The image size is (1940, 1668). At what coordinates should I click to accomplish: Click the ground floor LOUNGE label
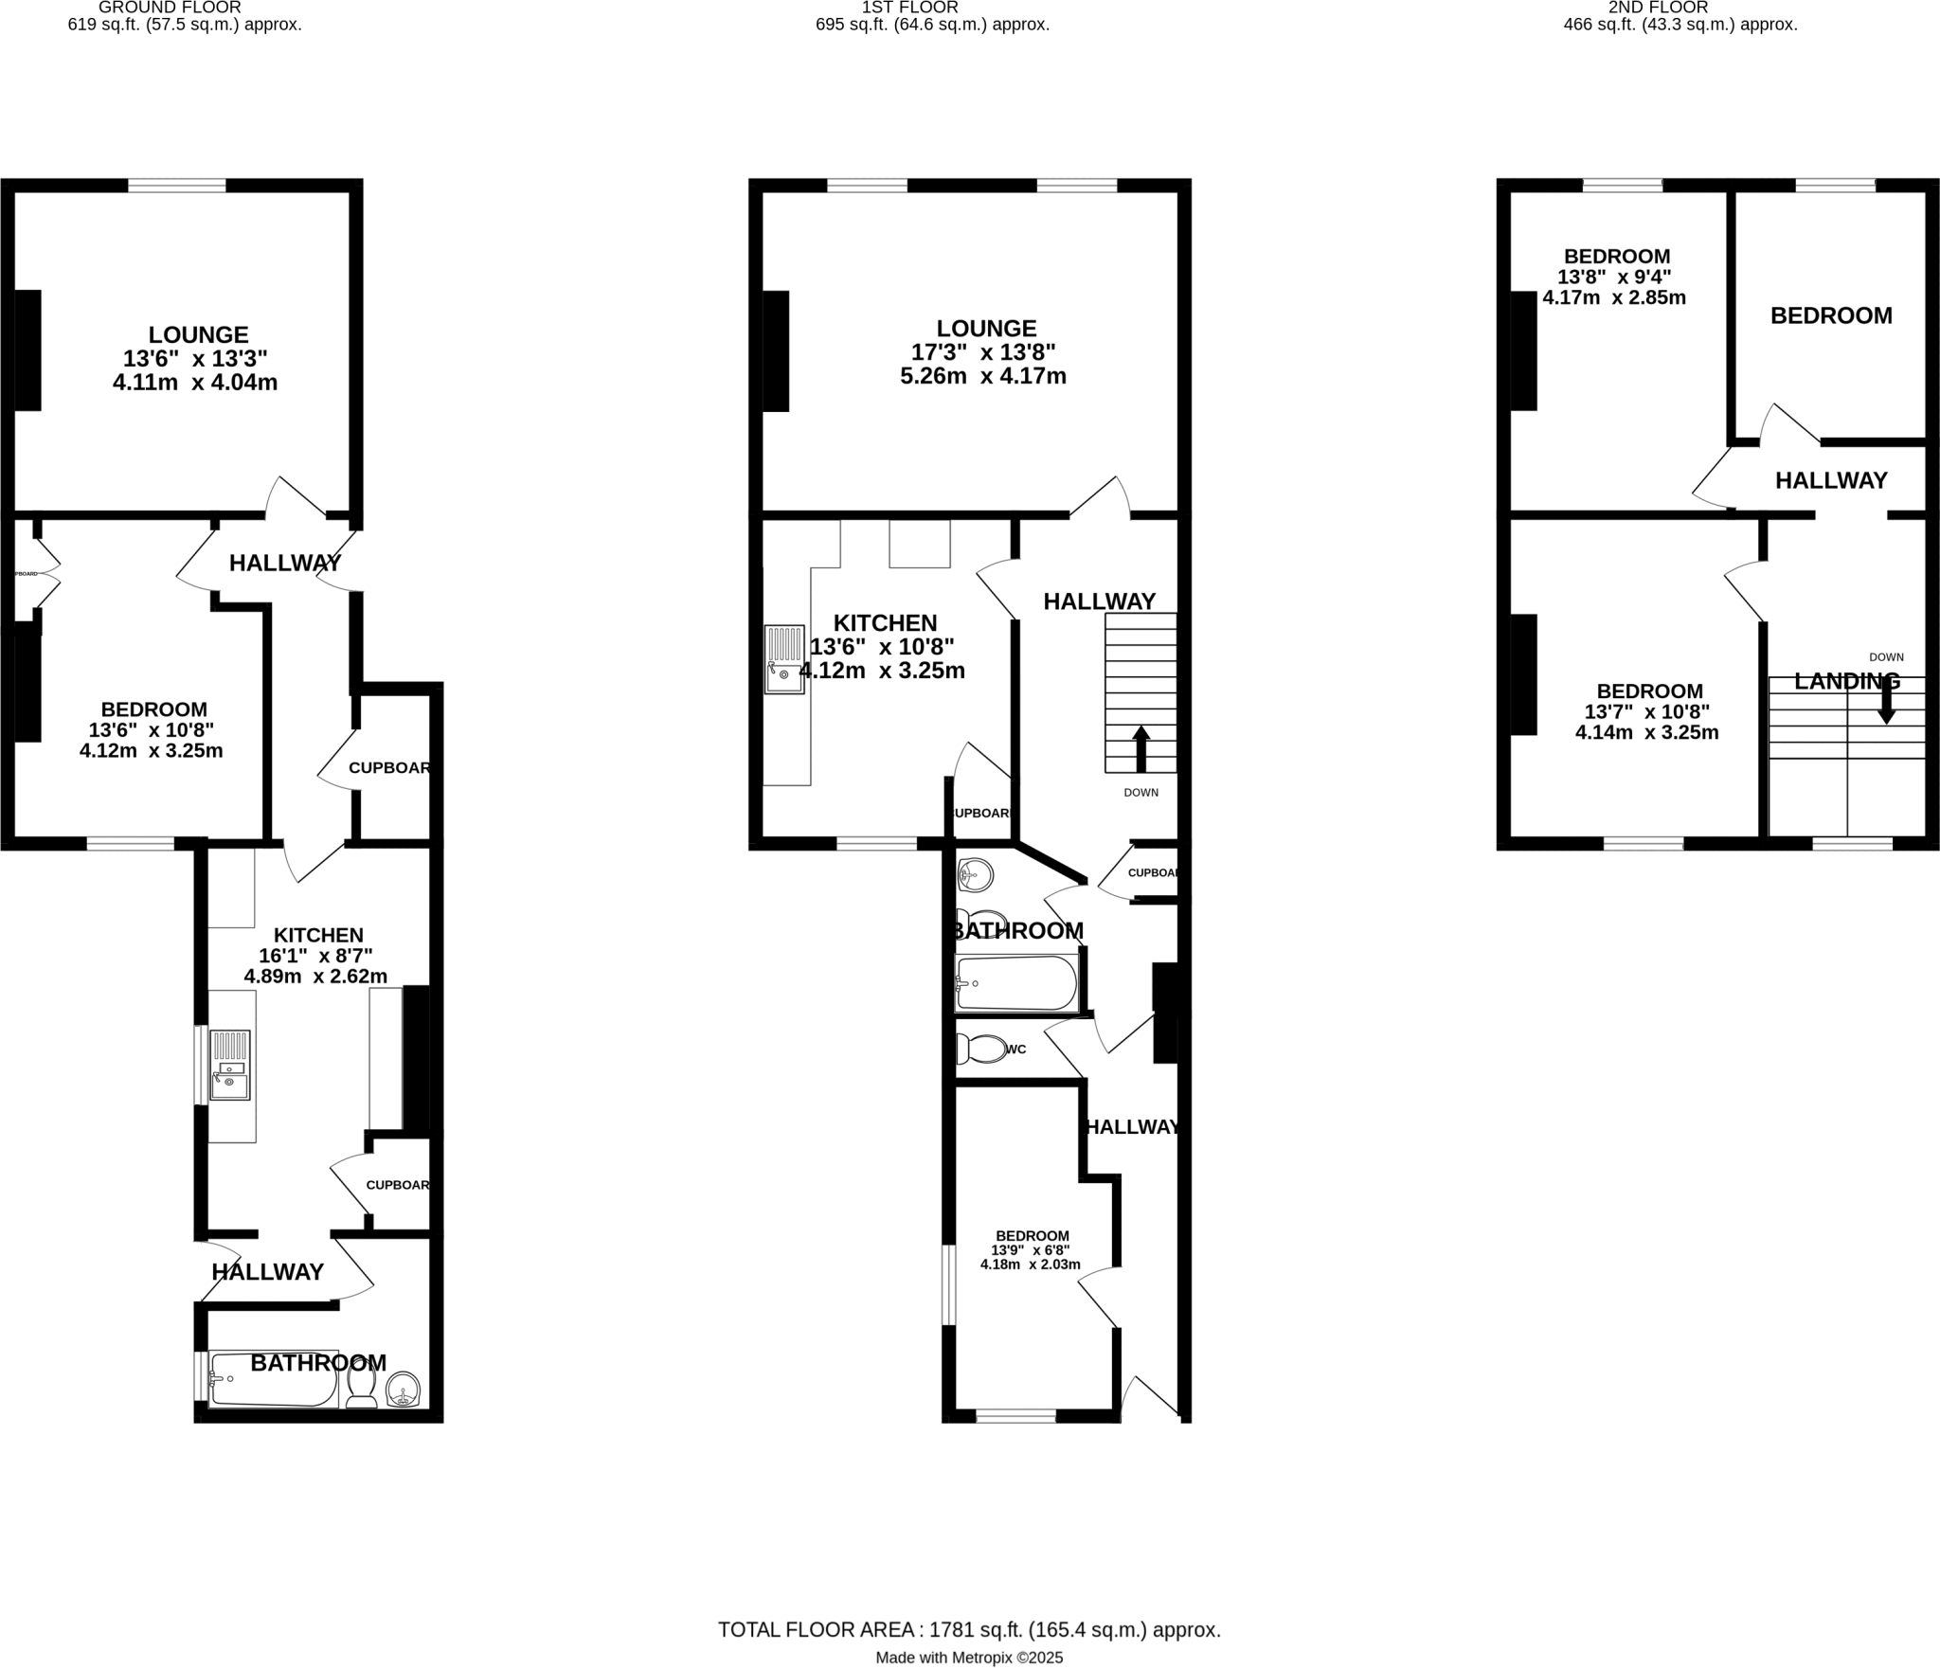pos(198,335)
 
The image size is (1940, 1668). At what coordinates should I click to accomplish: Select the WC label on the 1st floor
pos(1016,1049)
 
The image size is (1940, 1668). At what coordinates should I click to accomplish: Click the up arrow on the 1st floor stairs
pos(1141,748)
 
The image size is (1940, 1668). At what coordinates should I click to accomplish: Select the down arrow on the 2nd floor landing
pos(1886,704)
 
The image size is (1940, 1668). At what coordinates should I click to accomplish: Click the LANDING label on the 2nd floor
pos(1846,681)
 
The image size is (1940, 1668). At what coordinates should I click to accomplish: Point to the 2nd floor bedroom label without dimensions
pos(1830,316)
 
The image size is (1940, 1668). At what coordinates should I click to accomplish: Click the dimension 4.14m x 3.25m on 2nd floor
pos(1646,732)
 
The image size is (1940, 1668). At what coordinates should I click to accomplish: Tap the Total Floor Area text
pos(968,1630)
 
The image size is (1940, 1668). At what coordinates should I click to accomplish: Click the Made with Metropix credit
pos(968,1658)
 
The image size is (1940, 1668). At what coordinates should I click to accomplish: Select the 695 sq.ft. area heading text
pos(932,25)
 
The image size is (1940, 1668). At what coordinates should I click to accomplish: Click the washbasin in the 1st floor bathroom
pos(976,874)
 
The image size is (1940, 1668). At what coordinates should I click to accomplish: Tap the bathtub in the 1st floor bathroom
pos(1016,983)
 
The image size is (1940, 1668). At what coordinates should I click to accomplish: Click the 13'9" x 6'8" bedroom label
pos(1032,1250)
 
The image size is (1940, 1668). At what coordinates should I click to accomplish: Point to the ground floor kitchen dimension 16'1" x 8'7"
pos(315,956)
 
